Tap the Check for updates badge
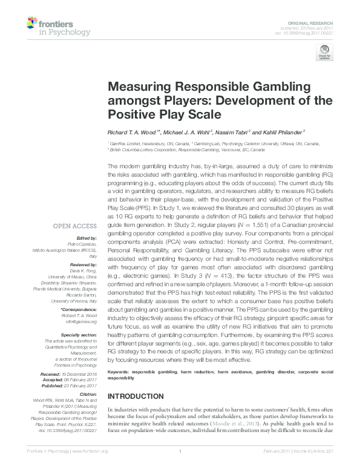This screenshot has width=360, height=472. click(x=324, y=54)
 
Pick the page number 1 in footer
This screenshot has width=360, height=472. click(x=180, y=467)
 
